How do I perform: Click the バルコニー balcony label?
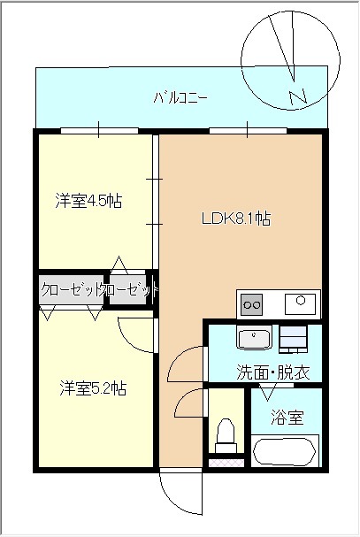180,98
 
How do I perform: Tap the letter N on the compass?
297,97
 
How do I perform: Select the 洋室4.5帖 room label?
88,201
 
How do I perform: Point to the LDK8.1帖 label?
236,219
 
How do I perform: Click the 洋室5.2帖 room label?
94,388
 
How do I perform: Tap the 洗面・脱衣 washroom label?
273,372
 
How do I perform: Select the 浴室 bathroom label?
287,418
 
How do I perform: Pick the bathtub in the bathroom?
286,451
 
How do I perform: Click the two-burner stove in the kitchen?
252,304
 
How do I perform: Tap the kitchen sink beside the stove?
300,303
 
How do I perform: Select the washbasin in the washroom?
254,338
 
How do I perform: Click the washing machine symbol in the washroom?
293,339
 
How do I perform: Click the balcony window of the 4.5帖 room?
99,130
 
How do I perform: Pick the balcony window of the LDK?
248,130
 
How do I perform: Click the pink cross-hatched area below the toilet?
226,463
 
